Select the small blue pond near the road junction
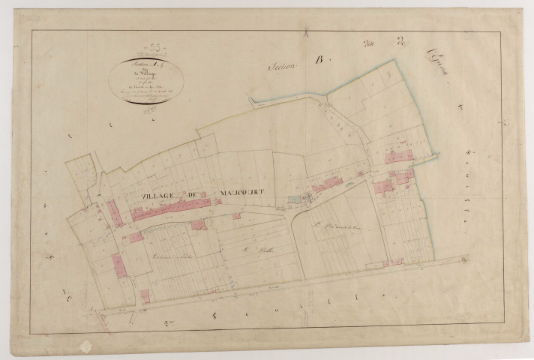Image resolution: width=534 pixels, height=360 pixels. point(292,200)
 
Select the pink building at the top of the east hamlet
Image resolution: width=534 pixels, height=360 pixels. point(399,156)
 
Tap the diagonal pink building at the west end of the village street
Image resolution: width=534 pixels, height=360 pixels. point(114,213)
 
